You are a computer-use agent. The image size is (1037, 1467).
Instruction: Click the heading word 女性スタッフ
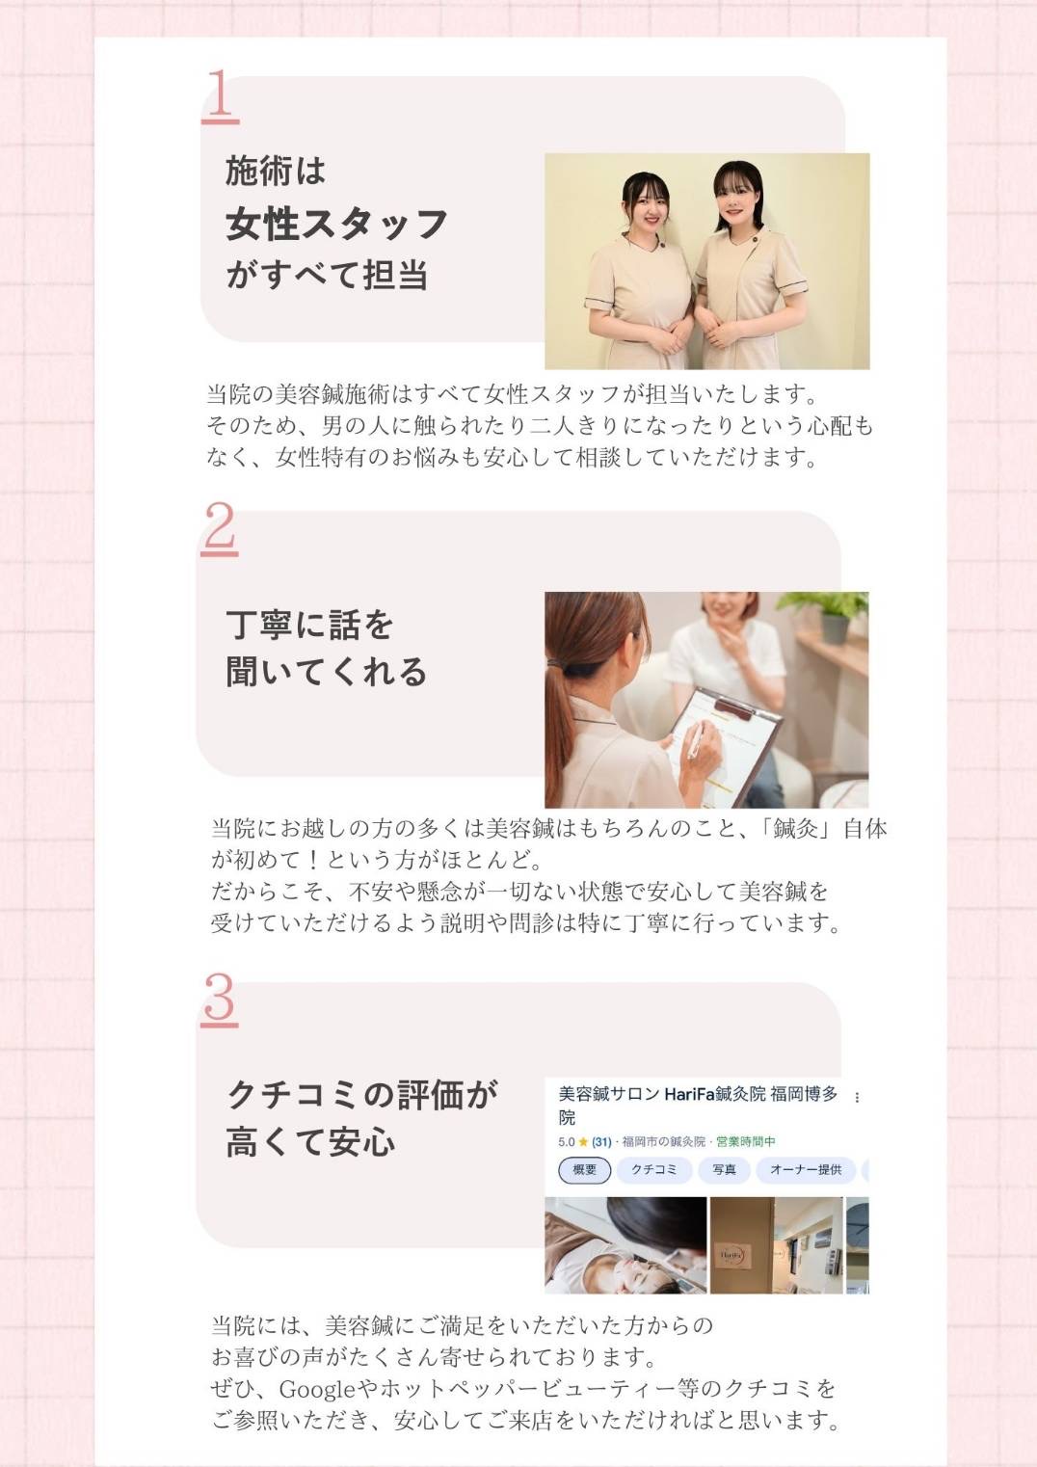click(335, 224)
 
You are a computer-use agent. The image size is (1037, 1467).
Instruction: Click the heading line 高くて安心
click(310, 1143)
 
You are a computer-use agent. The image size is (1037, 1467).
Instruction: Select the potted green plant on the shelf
click(826, 616)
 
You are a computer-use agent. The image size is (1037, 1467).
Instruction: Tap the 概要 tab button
click(585, 1170)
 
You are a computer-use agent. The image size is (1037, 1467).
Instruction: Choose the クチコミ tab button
click(653, 1170)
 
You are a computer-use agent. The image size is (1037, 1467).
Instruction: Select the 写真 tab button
click(724, 1170)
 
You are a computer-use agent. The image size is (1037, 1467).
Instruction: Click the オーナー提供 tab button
click(806, 1170)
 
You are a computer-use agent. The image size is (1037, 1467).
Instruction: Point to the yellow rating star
click(583, 1142)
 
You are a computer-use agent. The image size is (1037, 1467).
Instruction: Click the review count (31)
click(601, 1142)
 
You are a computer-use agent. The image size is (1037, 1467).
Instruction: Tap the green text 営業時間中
click(746, 1142)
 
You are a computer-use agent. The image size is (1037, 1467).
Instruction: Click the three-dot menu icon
click(857, 1097)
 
